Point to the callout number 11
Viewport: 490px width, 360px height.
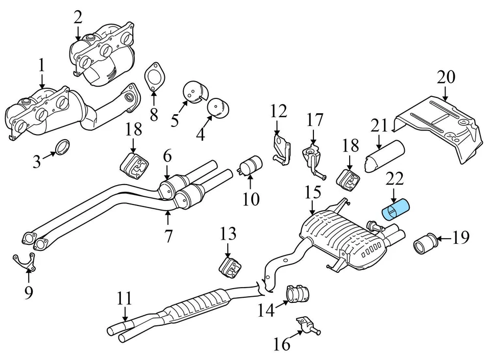[x=124, y=299]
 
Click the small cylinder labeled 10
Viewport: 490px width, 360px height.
[x=250, y=165]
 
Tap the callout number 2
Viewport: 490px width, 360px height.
[x=78, y=18]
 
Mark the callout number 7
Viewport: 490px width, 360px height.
[x=168, y=236]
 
